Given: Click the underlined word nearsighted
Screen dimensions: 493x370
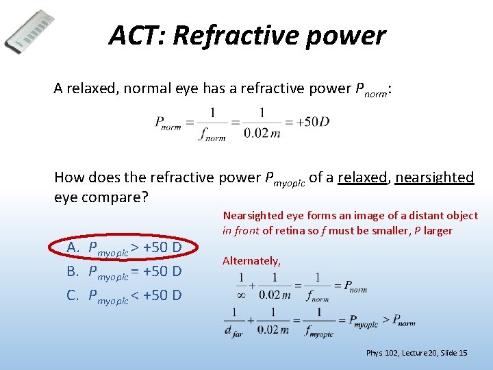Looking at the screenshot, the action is click(434, 177).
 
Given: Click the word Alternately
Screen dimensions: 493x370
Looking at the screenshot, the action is click(251, 261).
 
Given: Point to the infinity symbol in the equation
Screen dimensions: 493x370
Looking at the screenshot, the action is click(241, 295).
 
